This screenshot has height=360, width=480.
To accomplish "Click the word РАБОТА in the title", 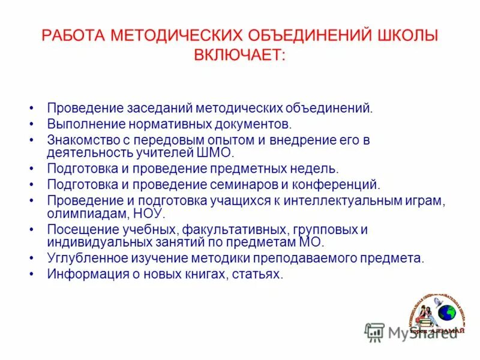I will pos(74,36).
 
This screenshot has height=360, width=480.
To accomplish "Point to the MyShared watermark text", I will pos(422,332).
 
